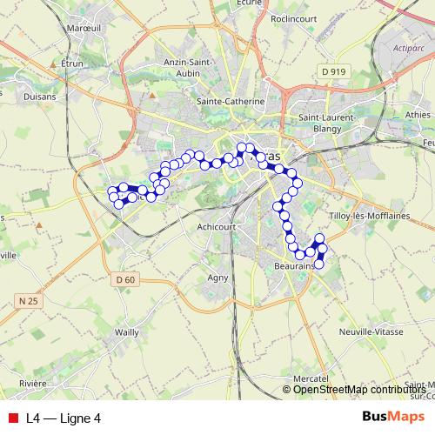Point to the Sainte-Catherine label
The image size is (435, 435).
pos(231,102)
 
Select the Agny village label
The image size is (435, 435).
pos(217,278)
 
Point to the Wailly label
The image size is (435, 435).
pos(127,332)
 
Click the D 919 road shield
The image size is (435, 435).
pos(333,70)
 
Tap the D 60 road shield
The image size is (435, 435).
pos(125,279)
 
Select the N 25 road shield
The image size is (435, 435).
pos(29,301)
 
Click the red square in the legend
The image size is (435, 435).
pos(13,418)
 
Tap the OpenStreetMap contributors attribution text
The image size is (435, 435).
pos(359,390)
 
